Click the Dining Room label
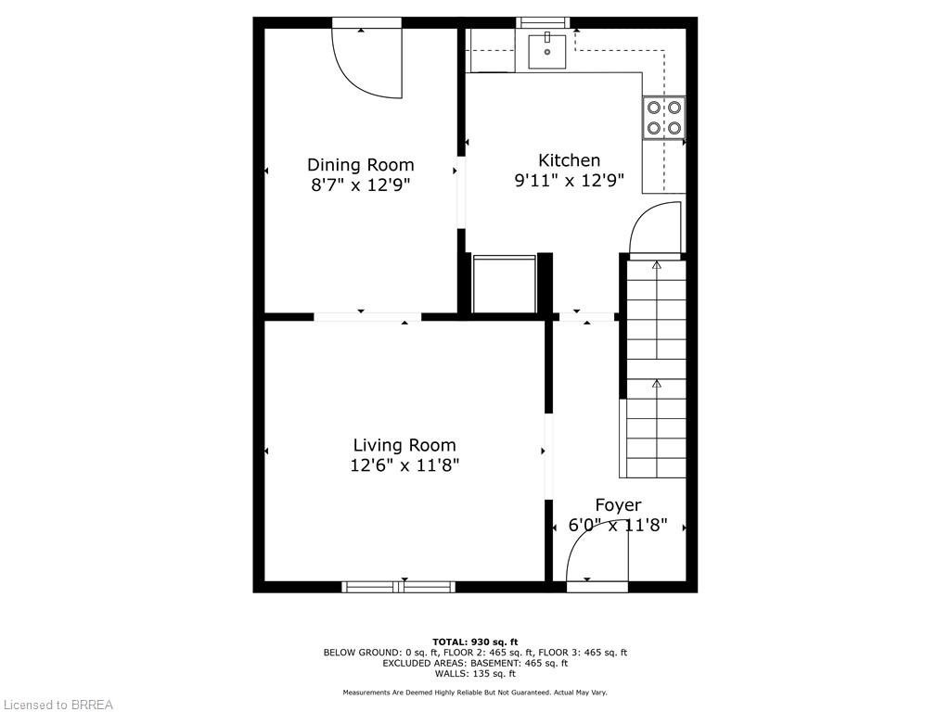point(361,165)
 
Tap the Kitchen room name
point(569,160)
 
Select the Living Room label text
point(404,446)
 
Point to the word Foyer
point(618,505)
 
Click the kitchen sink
point(547,52)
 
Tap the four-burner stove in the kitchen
point(664,118)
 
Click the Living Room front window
point(399,587)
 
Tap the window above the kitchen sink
point(543,22)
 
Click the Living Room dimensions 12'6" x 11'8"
point(404,465)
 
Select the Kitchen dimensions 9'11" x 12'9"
point(569,181)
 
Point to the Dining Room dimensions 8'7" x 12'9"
point(361,184)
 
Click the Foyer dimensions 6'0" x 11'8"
point(617,525)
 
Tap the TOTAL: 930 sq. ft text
point(475,642)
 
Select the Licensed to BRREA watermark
point(57,705)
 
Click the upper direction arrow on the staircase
point(656,264)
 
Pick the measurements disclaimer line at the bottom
point(475,693)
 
